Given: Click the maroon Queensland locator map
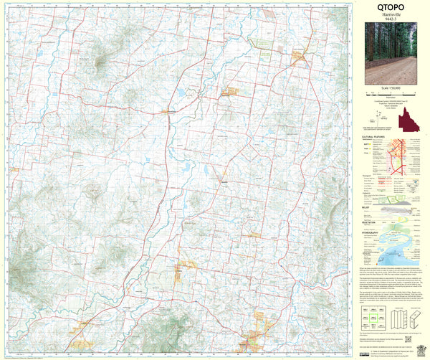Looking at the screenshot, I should pos(411,118).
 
